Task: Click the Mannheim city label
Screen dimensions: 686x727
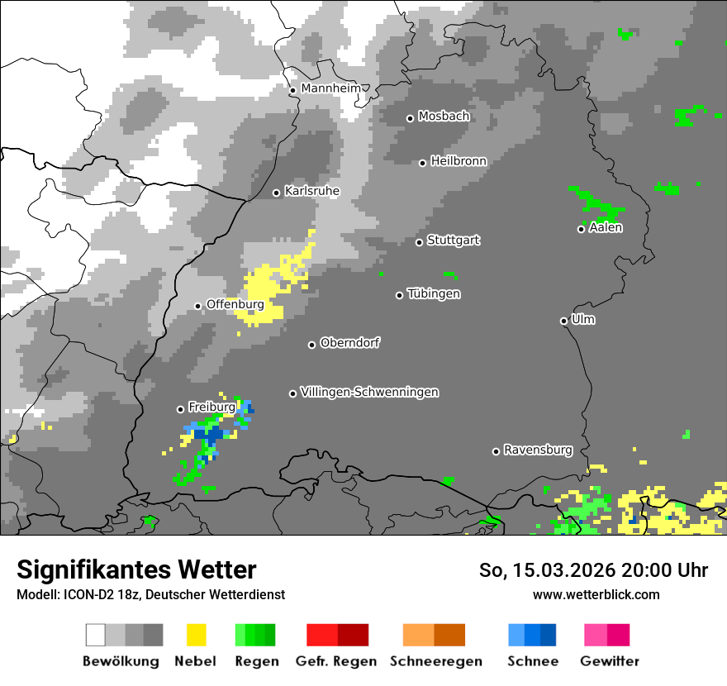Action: coord(331,88)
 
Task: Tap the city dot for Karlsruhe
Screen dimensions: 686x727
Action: coord(277,193)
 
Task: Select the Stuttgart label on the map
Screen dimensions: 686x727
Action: coord(453,241)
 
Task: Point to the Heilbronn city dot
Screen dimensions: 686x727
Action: coord(422,163)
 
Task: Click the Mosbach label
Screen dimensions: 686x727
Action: coord(444,117)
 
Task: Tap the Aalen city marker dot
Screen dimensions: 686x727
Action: coord(581,229)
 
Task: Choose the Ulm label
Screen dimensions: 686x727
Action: coord(583,319)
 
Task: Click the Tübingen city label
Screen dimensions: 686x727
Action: coord(434,293)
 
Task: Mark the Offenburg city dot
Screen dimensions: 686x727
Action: coord(197,306)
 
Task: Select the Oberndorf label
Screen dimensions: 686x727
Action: coord(349,343)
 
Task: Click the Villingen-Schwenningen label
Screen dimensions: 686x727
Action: coord(369,392)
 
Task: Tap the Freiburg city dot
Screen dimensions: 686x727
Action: coord(180,409)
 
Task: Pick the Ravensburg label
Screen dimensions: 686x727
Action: coord(538,450)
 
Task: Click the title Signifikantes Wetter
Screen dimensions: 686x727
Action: coord(136,569)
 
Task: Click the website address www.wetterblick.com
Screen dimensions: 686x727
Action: coord(596,594)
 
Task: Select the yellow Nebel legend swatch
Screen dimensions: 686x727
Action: coord(196,635)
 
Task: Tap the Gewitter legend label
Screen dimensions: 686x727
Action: coord(609,661)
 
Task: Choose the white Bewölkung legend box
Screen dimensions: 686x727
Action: coord(96,635)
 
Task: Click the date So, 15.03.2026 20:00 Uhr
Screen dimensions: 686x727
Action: coord(593,570)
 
